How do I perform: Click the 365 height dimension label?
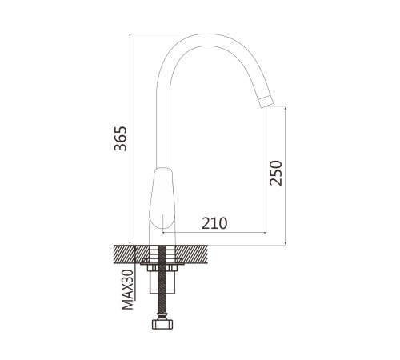tap(120, 138)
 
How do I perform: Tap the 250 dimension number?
tap(276, 173)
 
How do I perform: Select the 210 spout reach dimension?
tap(214, 223)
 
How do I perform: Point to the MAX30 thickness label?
tap(127, 290)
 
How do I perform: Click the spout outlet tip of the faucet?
tap(266, 102)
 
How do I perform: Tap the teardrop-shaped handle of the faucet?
tap(162, 198)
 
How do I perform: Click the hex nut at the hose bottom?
tap(162, 324)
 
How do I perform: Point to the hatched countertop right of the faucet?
tap(192, 254)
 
